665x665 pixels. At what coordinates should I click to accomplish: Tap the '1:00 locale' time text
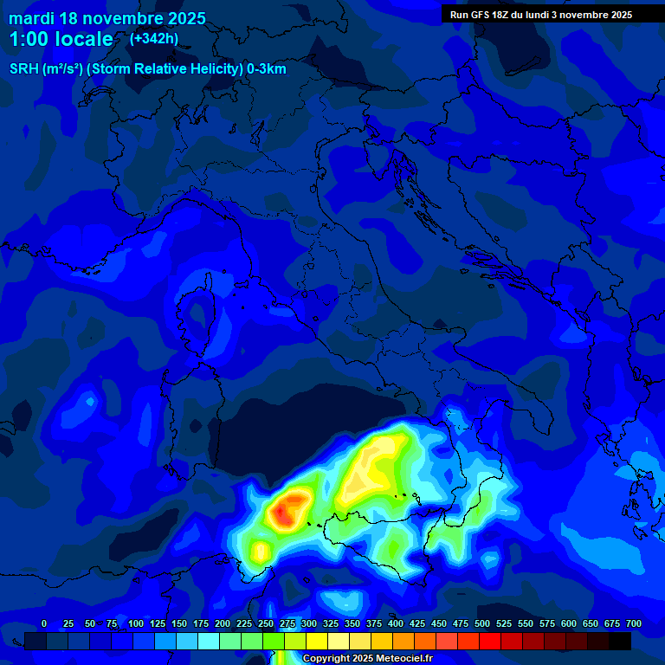tap(61, 39)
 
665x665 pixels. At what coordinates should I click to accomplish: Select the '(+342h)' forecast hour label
tap(153, 38)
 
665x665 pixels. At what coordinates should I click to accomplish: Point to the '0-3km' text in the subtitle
tap(267, 69)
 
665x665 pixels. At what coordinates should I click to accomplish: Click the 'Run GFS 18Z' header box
tap(540, 14)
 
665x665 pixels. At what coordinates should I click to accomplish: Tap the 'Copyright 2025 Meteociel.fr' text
tap(367, 658)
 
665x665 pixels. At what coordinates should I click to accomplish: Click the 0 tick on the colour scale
tap(44, 623)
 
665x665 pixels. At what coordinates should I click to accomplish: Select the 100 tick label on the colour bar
tap(136, 623)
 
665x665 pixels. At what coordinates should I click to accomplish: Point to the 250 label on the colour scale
tap(266, 623)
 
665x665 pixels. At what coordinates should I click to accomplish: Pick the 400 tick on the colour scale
tap(396, 623)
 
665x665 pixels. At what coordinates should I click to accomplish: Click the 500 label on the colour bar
tap(482, 623)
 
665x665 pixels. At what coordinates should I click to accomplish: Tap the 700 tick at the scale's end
tap(633, 623)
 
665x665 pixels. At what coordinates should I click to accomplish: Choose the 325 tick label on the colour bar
tap(331, 623)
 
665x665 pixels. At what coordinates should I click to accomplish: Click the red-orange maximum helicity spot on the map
tap(284, 513)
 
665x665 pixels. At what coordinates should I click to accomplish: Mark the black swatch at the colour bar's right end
tap(620, 641)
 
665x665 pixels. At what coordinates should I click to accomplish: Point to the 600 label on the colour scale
tap(569, 623)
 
